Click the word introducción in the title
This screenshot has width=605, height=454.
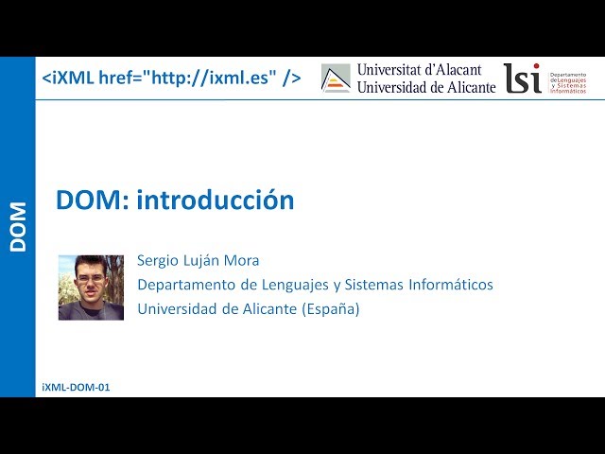216,201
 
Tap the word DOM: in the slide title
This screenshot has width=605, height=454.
93,201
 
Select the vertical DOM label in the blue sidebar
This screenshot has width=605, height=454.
18,227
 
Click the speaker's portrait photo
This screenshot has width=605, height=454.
91,287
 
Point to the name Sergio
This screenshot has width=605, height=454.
158,260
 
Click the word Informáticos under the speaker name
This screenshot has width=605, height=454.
452,285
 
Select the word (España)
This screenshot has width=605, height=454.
331,308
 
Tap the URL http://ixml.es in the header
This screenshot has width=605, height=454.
213,78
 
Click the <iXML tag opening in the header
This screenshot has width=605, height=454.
68,78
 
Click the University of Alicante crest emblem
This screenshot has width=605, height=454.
336,79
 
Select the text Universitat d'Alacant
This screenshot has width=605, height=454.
419,70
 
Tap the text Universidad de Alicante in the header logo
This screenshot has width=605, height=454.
425,86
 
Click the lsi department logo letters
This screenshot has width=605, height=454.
522,79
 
